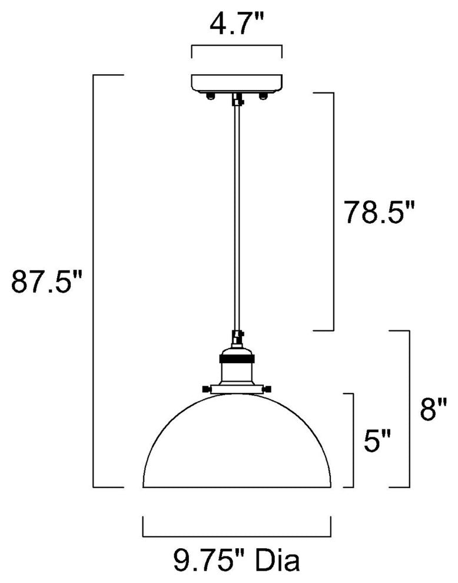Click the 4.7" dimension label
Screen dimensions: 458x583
(x=237, y=24)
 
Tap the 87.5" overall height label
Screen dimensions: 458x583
(x=46, y=281)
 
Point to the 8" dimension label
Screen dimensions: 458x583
(x=433, y=408)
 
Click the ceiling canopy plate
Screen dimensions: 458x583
(x=237, y=84)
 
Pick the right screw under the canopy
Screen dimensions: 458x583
(x=264, y=97)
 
